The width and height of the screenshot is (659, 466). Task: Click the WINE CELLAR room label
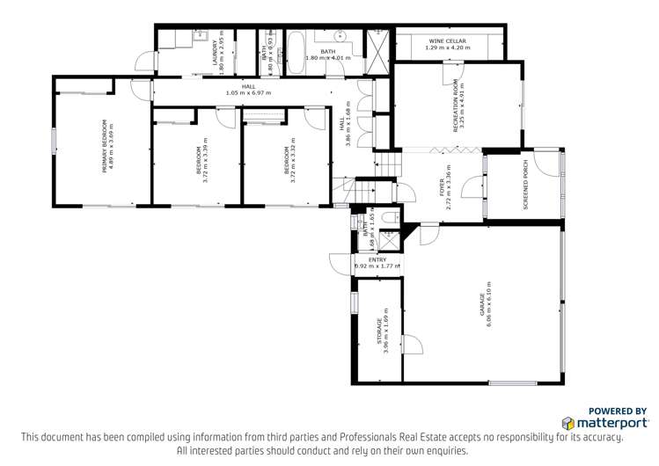pos(448,41)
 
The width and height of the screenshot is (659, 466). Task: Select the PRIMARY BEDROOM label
pos(105,145)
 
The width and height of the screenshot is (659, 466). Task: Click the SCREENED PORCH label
pos(525,193)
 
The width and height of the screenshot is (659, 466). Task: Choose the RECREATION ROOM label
pos(456,107)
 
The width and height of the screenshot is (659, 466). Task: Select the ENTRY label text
pos(377,259)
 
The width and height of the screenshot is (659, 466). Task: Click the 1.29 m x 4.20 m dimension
pos(448,49)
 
